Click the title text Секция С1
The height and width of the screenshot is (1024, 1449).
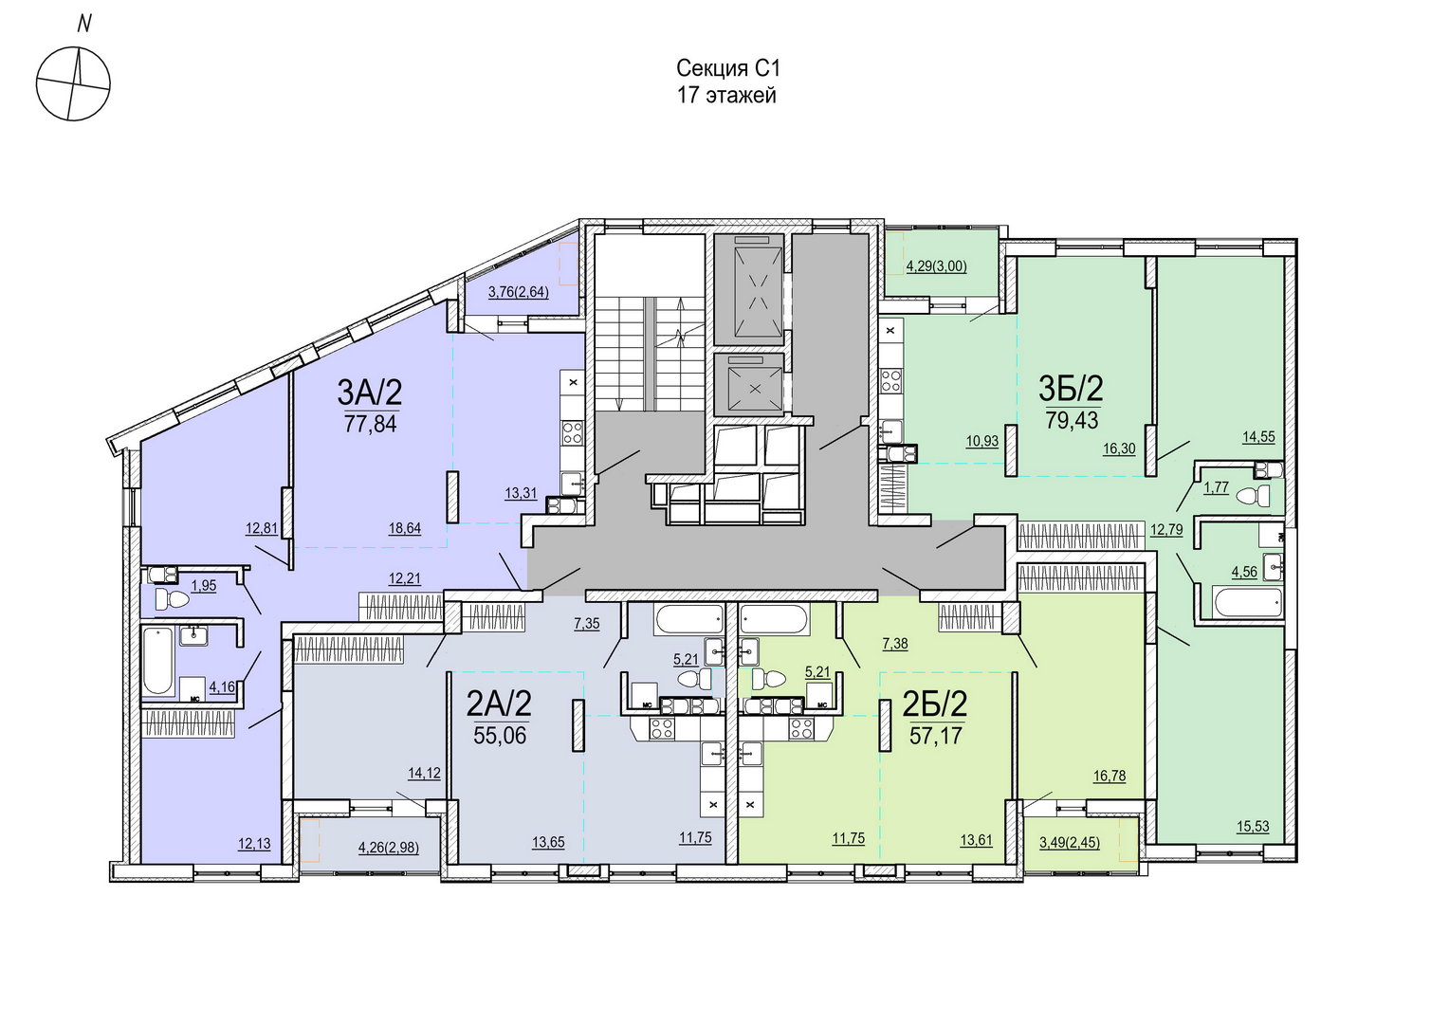[729, 68]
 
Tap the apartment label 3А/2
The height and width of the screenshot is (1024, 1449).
[370, 392]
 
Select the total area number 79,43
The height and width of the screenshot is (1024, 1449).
[1072, 420]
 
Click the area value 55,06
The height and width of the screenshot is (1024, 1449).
[500, 736]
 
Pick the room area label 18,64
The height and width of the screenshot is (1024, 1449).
[404, 528]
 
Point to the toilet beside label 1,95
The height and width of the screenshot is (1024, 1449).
[172, 600]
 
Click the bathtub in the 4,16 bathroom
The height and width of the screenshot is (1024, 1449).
[157, 660]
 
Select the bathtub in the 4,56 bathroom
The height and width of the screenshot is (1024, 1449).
[1249, 603]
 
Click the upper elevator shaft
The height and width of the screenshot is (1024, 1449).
[748, 289]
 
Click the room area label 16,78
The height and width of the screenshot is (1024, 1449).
[1110, 776]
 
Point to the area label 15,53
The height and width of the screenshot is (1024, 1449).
[1253, 826]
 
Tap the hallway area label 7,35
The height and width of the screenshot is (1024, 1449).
[586, 624]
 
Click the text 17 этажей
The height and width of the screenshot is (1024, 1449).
[726, 96]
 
